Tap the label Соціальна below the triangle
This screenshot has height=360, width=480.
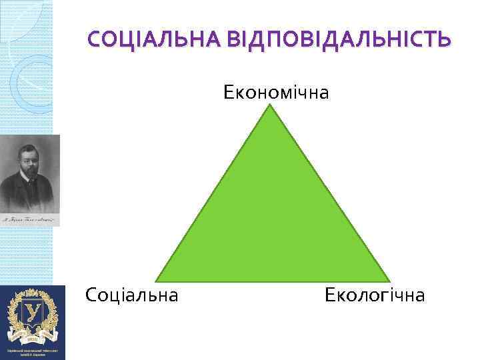pyautogui.click(x=132, y=295)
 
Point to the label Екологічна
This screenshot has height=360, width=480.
pyautogui.click(x=375, y=295)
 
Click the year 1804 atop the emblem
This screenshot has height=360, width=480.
pyautogui.click(x=32, y=293)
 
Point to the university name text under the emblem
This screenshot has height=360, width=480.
pyautogui.click(x=32, y=351)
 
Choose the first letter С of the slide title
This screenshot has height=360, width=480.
pyautogui.click(x=95, y=40)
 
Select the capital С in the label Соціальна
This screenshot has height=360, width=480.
pyautogui.click(x=91, y=295)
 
